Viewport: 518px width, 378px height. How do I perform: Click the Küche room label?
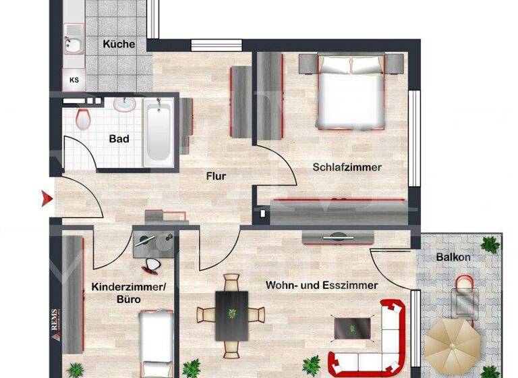point(119,45)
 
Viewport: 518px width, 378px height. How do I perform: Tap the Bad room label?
point(119,139)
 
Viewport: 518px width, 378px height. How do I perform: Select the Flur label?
point(216,176)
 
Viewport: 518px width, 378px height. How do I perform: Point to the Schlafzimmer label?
point(347,167)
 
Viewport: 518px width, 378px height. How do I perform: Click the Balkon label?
point(453,258)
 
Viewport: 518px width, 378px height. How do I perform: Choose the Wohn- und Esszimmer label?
point(321,286)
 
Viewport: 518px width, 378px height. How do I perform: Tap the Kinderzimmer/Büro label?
point(128,292)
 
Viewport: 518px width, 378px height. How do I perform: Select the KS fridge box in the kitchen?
point(74,80)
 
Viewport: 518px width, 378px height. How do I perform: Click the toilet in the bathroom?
point(83,119)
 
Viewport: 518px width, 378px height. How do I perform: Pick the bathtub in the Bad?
point(159,132)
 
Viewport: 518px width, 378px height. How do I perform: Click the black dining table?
point(231,315)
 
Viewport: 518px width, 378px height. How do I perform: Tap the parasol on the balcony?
point(451,345)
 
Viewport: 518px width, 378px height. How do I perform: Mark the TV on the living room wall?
point(337,238)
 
